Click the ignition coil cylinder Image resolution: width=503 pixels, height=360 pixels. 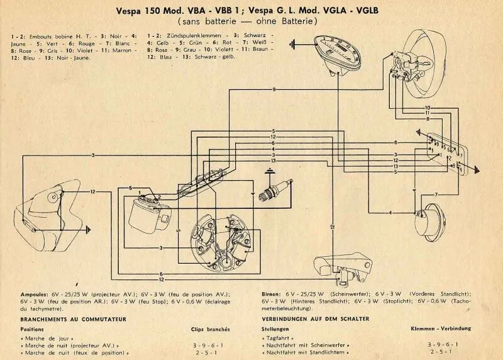146,214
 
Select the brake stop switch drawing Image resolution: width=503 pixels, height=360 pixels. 345,267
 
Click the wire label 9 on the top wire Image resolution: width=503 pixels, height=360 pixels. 274,91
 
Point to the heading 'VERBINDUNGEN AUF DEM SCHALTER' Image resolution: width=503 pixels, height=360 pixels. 315,319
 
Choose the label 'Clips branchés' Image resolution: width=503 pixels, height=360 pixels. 211,329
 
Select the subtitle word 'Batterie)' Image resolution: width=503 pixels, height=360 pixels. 303,21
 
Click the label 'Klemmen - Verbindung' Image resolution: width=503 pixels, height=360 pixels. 440,329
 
